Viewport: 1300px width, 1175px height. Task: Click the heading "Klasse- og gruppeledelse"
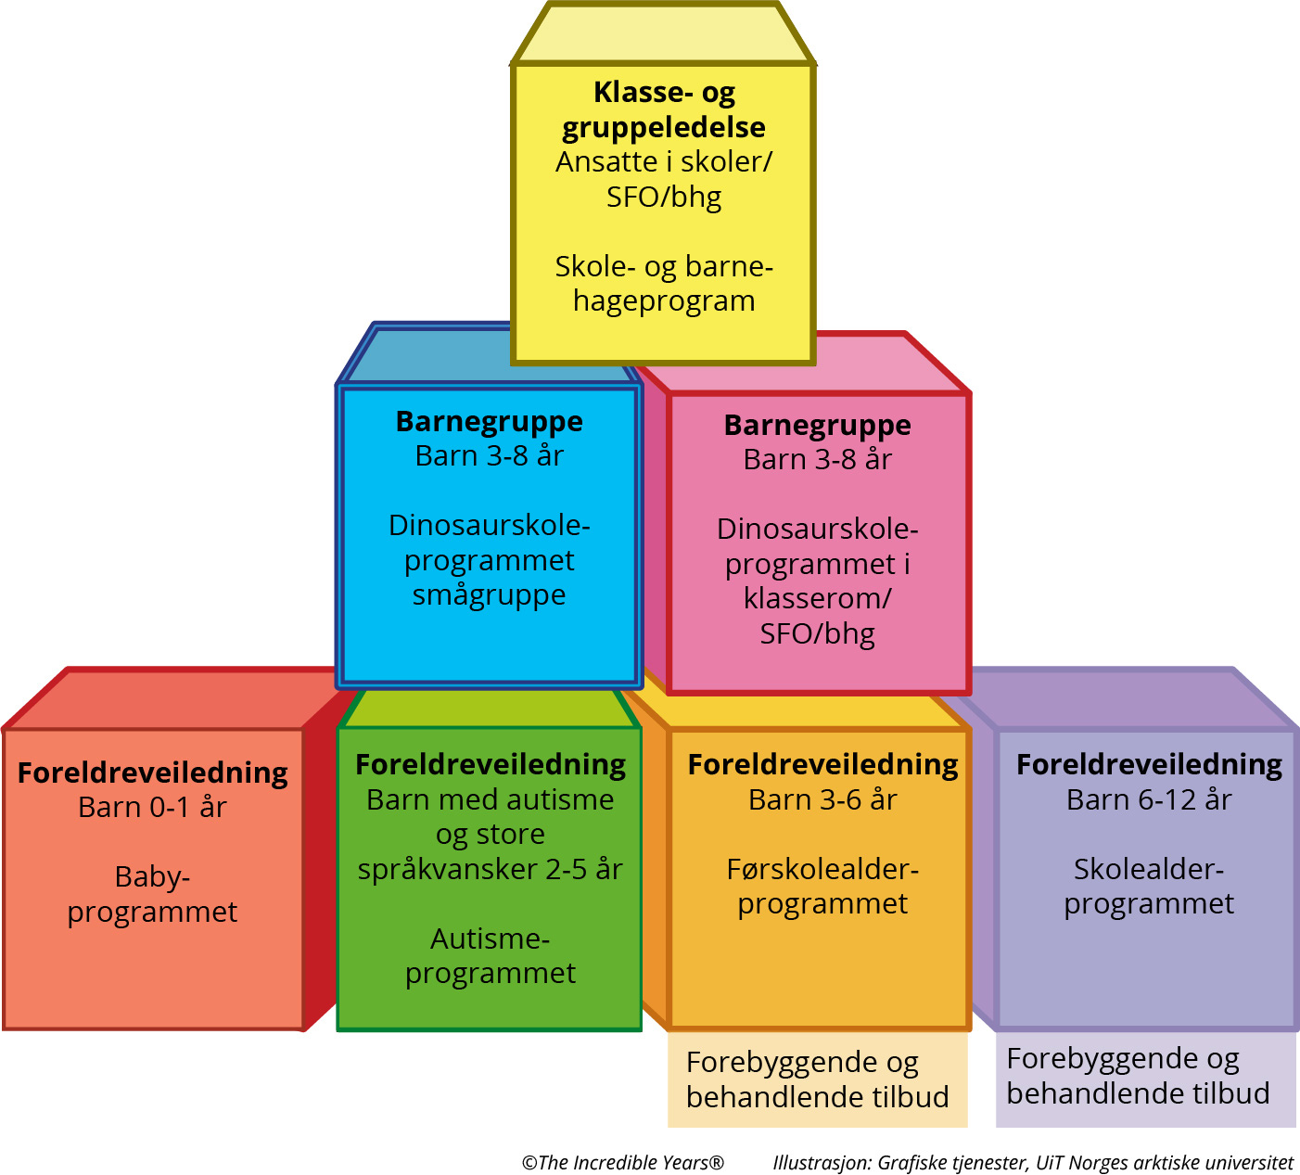click(x=664, y=109)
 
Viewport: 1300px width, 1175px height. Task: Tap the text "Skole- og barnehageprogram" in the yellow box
click(x=664, y=284)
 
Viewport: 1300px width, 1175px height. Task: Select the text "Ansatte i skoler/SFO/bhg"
click(x=664, y=179)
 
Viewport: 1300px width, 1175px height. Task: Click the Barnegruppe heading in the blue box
click(x=490, y=421)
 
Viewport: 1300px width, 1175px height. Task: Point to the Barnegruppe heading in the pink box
click(x=817, y=425)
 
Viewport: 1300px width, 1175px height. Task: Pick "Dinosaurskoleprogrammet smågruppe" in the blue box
click(x=490, y=560)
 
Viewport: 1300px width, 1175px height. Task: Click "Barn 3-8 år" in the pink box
click(x=817, y=460)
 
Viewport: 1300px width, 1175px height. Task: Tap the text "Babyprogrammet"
click(x=152, y=894)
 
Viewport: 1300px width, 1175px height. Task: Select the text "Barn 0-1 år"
click(x=152, y=808)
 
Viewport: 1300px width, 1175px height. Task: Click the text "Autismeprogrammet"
click(x=490, y=956)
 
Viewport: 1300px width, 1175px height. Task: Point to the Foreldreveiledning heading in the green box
click(x=491, y=764)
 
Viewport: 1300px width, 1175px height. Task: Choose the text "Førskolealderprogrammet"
click(x=822, y=887)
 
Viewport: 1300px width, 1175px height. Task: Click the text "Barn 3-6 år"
click(x=822, y=799)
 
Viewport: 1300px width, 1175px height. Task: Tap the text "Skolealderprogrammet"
click(x=1149, y=887)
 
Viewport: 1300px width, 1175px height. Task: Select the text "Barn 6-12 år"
click(x=1149, y=799)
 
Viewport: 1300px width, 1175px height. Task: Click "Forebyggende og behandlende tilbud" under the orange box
click(x=817, y=1079)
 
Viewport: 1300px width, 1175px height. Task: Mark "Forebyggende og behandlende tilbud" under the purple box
click(x=1138, y=1076)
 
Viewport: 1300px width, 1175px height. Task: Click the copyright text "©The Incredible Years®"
click(x=622, y=1162)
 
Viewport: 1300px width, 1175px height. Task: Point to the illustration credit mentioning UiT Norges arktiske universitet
click(x=1033, y=1162)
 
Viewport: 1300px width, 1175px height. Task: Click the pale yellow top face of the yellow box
click(x=664, y=35)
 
